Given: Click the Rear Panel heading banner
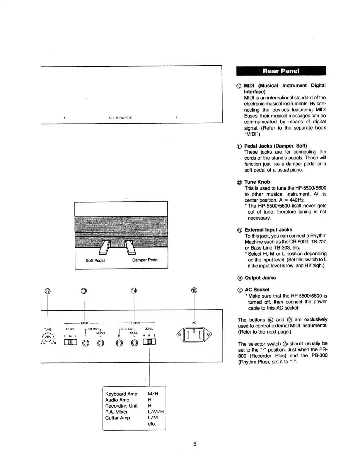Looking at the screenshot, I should tap(281, 71).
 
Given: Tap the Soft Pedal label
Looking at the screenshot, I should tap(95, 260).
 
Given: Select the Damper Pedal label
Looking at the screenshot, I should tap(145, 260).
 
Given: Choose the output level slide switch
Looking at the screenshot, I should tap(149, 342).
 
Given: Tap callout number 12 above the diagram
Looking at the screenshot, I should tap(47, 291).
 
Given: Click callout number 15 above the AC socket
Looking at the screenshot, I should tap(194, 290).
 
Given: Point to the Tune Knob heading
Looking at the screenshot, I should tap(257, 182).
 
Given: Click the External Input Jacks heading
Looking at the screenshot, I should tap(268, 230).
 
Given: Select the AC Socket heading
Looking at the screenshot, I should tap(257, 290).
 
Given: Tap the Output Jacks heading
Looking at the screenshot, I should tap(260, 278).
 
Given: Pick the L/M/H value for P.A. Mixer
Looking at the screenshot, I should tap(156, 412).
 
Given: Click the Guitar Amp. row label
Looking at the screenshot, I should tap(118, 418).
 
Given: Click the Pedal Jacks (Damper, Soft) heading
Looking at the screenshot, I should tap(276, 146).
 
